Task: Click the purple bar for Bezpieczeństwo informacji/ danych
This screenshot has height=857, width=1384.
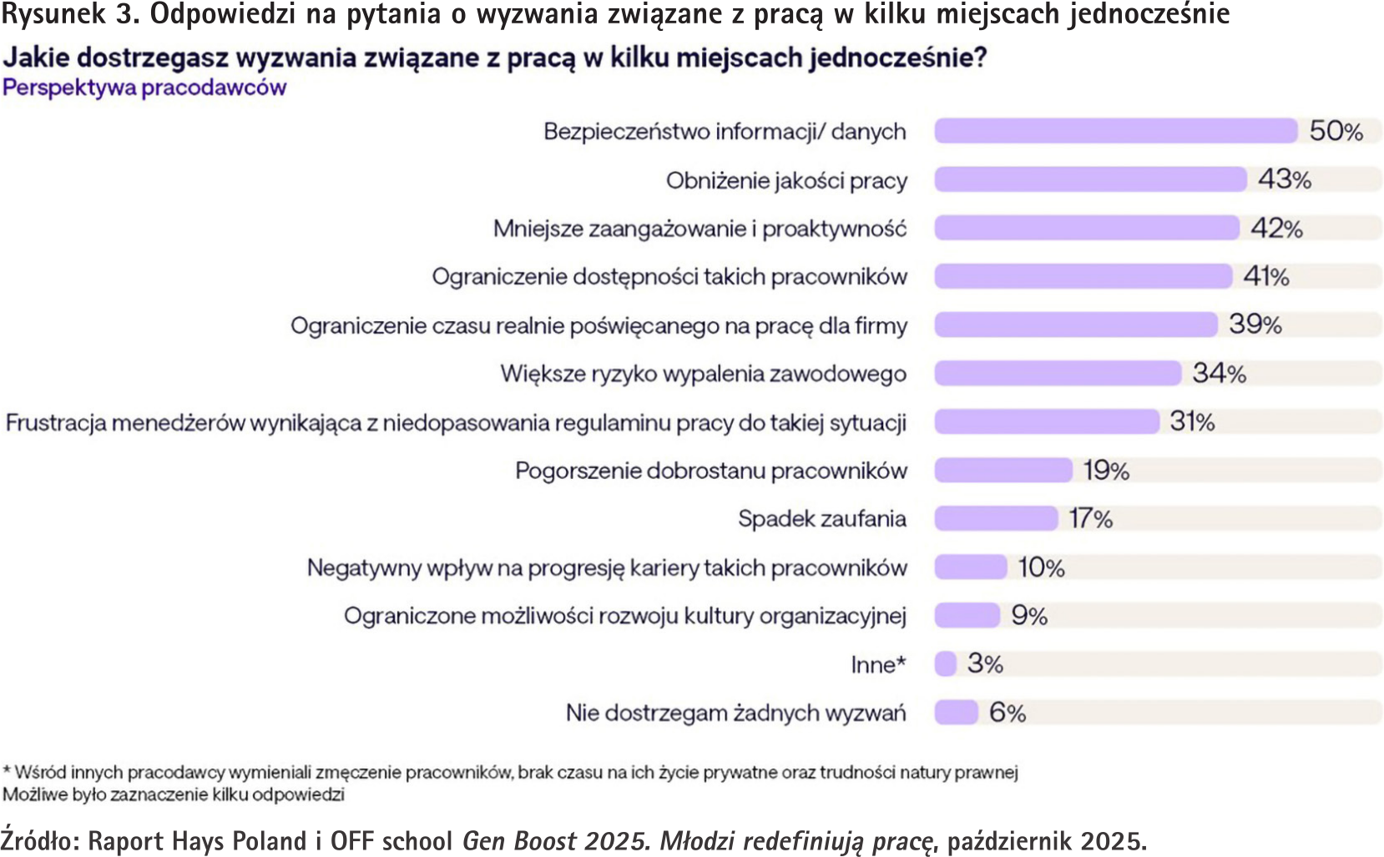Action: point(1115,131)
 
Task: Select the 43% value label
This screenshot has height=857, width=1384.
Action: point(1285,179)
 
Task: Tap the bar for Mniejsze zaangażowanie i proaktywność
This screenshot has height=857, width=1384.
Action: point(1086,228)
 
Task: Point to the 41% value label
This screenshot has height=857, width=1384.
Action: point(1266,276)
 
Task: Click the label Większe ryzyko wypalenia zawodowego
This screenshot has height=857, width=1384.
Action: point(703,374)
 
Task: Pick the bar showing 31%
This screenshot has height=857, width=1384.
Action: point(1047,421)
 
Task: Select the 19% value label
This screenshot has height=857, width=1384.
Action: point(1106,471)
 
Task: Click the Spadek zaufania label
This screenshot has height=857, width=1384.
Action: point(821,519)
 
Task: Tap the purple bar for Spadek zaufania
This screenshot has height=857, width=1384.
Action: point(996,519)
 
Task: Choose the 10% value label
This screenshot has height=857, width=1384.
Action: point(1041,568)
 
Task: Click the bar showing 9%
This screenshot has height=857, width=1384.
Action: point(967,616)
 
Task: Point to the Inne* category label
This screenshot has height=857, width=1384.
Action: point(878,665)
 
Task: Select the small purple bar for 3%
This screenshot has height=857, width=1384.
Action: point(946,664)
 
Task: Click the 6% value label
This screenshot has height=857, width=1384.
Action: point(1008,713)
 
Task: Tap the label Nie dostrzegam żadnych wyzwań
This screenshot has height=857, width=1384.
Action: point(735,713)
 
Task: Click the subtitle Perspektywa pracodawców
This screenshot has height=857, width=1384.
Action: point(144,88)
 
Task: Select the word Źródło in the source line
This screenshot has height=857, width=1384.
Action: point(39,839)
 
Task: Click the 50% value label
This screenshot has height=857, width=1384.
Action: point(1336,131)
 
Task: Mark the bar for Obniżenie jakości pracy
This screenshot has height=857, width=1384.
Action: point(1090,179)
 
